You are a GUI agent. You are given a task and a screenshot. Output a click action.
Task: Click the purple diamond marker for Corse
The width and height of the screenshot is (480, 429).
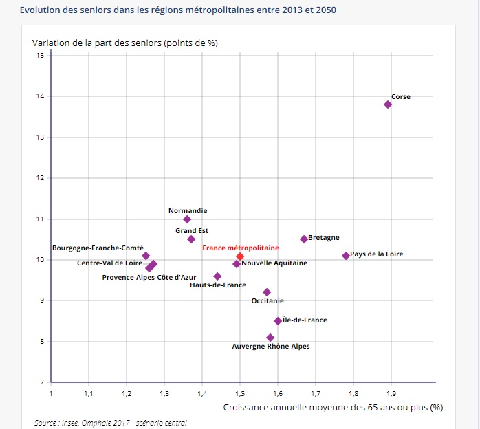pos(388,104)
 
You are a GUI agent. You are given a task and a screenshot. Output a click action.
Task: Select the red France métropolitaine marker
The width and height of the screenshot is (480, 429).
pos(240,256)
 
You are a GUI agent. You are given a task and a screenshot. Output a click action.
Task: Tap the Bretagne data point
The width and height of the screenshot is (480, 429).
pos(304,239)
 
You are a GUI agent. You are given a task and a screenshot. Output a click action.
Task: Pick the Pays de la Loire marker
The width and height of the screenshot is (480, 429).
pos(346,256)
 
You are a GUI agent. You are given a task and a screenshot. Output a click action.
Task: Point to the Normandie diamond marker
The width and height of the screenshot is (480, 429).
pos(187,219)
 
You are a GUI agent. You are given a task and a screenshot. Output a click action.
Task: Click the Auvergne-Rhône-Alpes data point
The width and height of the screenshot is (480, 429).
pos(270,338)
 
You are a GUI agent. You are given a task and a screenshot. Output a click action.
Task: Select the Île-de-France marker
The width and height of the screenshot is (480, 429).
pos(278,321)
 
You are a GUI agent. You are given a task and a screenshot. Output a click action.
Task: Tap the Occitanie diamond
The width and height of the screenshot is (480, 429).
pos(267,292)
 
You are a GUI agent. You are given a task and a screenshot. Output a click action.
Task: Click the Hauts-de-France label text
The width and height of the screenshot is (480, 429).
pos(217,285)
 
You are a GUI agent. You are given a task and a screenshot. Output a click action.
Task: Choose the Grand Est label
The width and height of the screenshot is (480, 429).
pos(192,231)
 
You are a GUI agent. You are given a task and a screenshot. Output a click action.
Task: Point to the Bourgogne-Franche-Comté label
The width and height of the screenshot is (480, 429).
pos(98,247)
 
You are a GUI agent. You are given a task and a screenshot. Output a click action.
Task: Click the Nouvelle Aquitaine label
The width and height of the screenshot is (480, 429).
pos(274,263)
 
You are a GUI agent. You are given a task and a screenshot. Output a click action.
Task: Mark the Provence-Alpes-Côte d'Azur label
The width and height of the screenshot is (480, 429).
pos(149,278)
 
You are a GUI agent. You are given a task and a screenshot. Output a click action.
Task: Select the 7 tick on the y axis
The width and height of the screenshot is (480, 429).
pos(41,382)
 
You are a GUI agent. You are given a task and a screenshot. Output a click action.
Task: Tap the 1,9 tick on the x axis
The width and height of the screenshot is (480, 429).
pos(391,393)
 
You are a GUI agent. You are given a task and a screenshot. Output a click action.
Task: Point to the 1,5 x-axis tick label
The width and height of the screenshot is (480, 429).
pos(240,393)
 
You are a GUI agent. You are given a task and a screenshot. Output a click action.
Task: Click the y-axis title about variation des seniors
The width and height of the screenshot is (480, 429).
pos(125,43)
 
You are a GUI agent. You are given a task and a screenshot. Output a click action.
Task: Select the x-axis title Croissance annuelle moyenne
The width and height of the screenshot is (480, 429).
pos(333,407)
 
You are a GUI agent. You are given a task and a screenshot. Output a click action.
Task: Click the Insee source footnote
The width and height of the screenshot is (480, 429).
pos(110,423)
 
